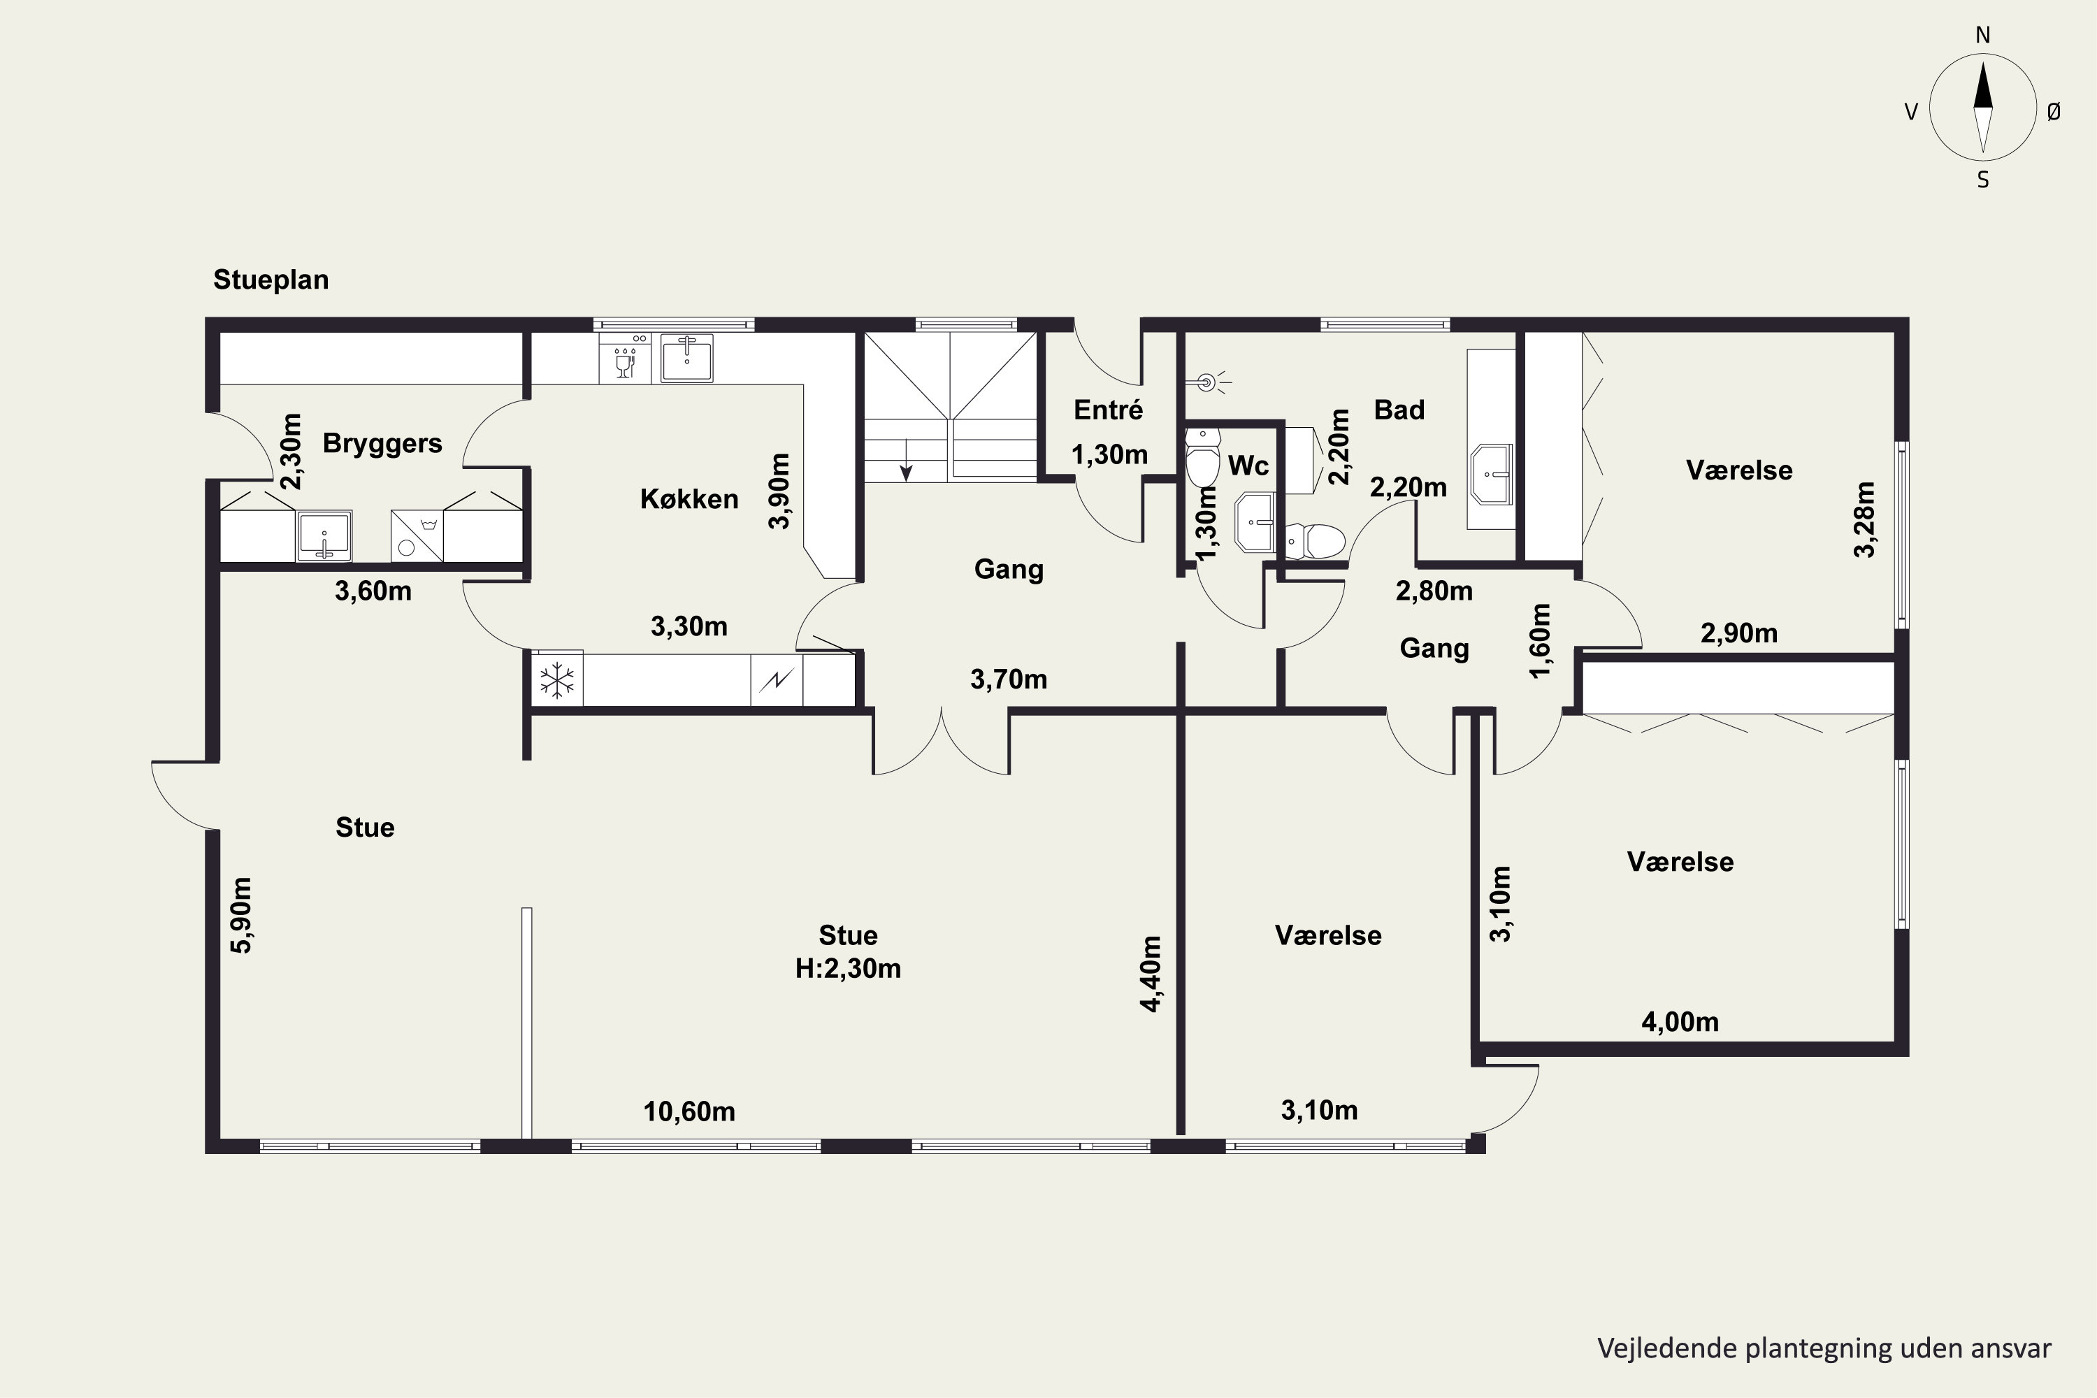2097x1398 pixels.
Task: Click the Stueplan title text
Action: point(271,280)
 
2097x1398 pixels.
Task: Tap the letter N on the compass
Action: point(1983,35)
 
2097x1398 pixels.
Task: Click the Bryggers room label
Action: point(382,443)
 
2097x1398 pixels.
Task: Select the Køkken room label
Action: point(689,498)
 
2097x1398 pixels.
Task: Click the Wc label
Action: point(1248,465)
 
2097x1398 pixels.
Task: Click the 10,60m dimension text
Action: point(689,1112)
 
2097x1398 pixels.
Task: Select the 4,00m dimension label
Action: point(1680,1022)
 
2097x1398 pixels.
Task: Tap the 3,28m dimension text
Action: point(1864,520)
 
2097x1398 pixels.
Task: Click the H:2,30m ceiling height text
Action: point(848,968)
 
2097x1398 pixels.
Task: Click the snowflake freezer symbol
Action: point(558,680)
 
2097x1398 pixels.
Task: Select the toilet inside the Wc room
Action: point(1203,456)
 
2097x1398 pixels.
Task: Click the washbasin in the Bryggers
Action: point(324,536)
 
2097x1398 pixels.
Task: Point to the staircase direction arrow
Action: point(906,460)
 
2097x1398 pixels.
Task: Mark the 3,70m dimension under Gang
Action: point(1009,679)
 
